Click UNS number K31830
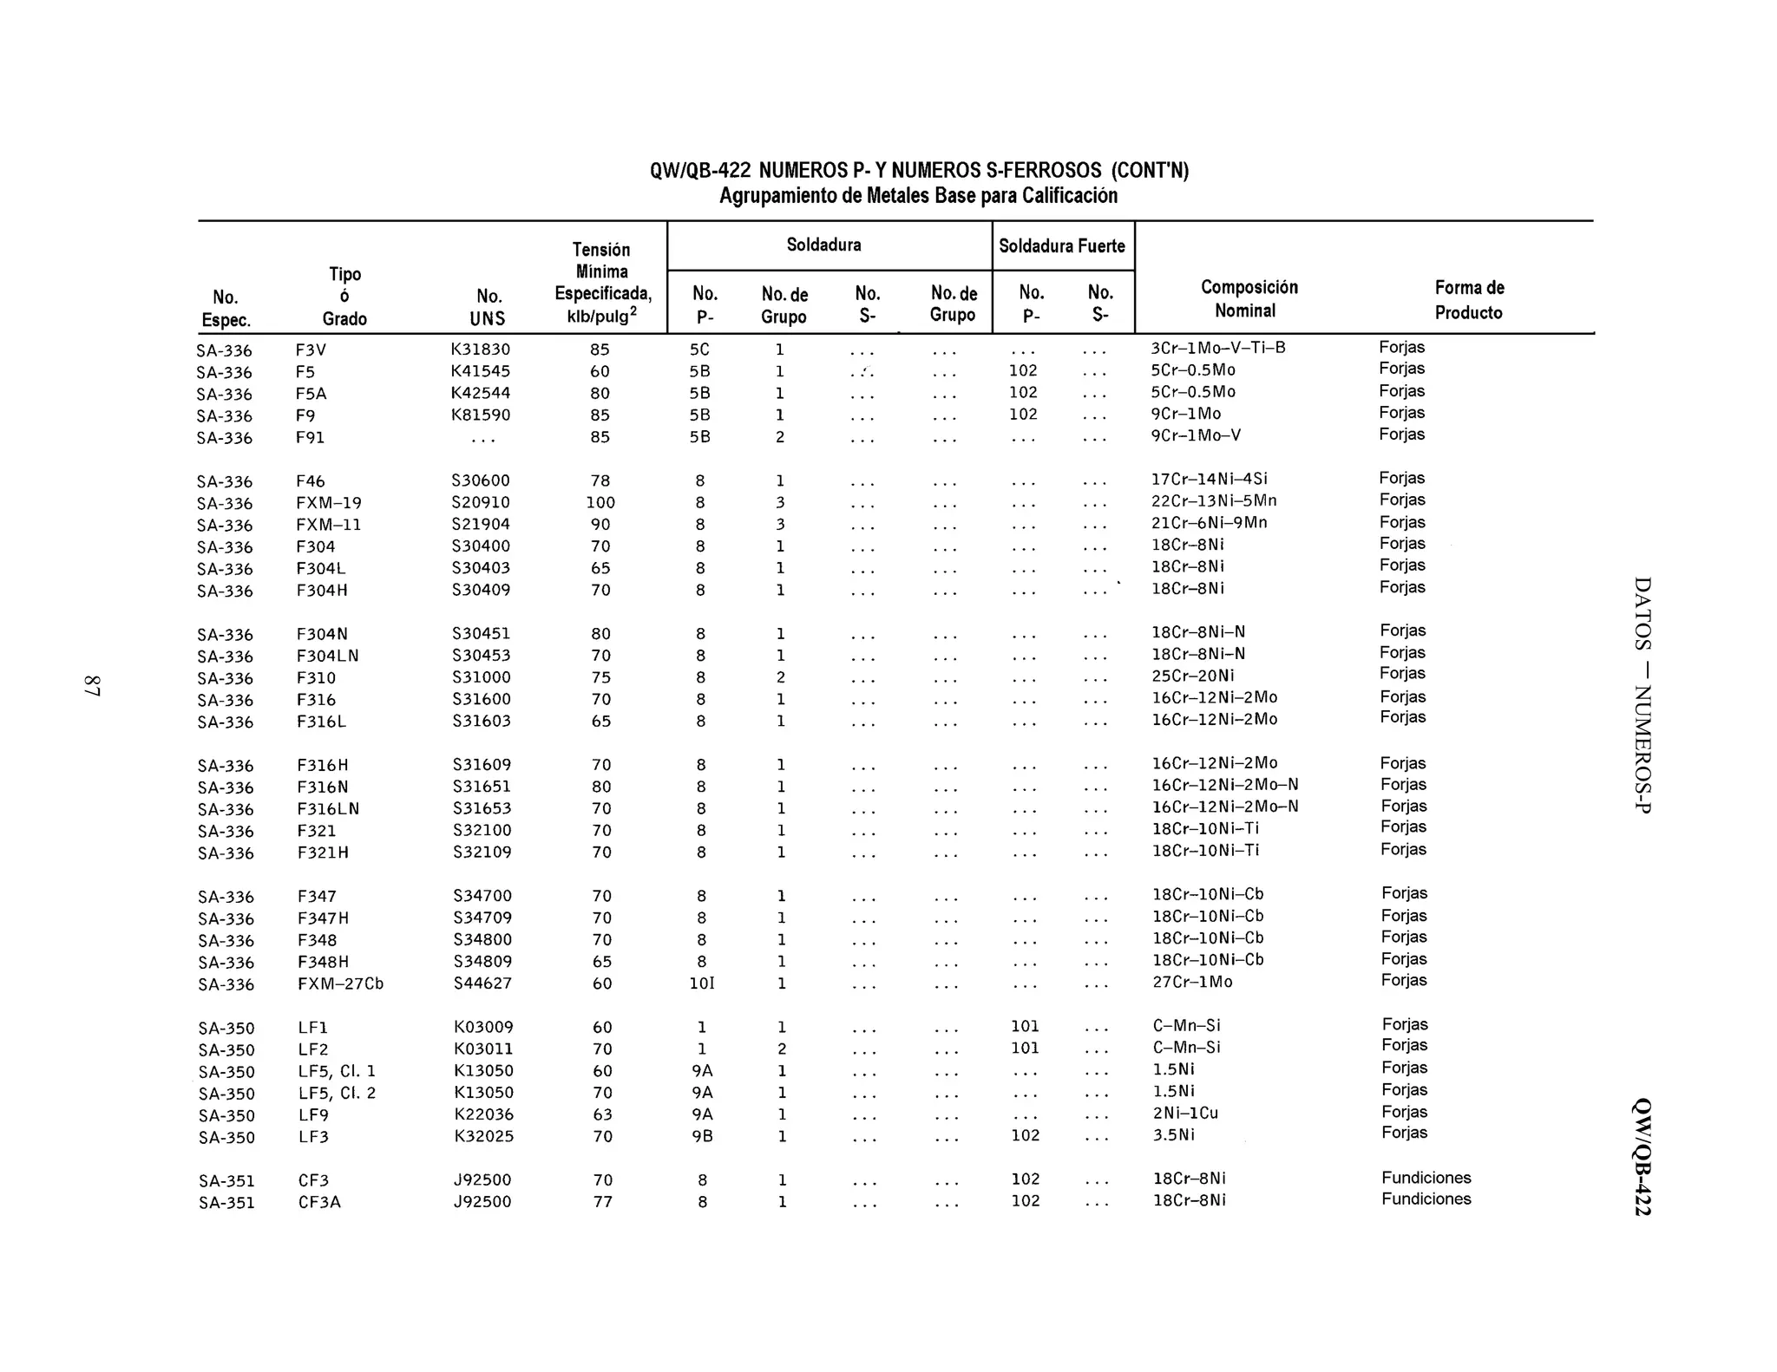pos(480,350)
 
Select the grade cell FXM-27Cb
pos(340,983)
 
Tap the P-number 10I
pos(701,983)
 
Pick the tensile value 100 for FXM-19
pos(600,502)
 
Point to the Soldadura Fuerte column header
pos(1061,245)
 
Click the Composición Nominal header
pos(1249,298)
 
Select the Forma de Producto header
pos(1469,299)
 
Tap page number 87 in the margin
pos(92,685)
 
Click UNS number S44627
pos(482,983)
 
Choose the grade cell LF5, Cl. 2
pos(337,1093)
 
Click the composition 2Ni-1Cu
pos(1185,1113)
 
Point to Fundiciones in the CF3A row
pos(1426,1199)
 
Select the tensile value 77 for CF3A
pos(602,1202)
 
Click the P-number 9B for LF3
pos(702,1136)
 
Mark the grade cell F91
pos(310,438)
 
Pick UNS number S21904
pos(481,525)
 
